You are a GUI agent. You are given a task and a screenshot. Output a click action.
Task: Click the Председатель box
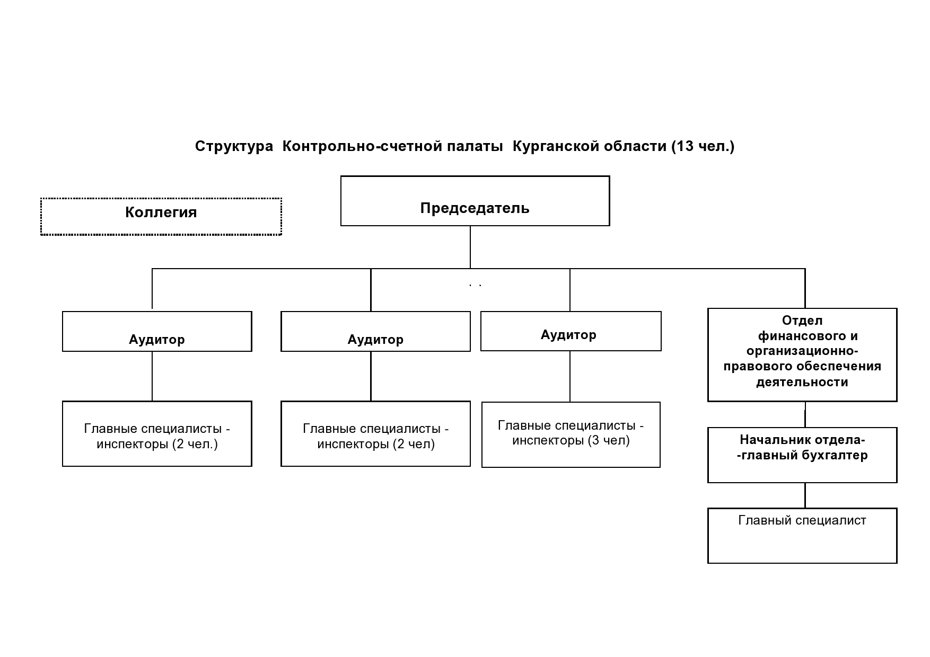click(475, 201)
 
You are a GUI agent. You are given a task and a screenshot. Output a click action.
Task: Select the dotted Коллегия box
click(161, 216)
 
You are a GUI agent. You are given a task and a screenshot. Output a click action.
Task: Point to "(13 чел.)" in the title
click(703, 146)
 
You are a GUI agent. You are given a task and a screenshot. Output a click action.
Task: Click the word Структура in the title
click(234, 146)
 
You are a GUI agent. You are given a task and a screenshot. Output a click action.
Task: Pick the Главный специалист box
click(802, 536)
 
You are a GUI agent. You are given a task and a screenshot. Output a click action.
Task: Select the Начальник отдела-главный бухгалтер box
click(802, 455)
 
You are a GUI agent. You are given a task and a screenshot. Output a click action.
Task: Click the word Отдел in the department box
click(802, 321)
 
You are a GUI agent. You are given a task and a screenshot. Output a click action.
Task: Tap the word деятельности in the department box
click(802, 382)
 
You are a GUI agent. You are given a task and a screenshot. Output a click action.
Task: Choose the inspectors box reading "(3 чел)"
click(571, 434)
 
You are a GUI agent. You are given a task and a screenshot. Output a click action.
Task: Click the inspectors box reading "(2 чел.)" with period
click(157, 434)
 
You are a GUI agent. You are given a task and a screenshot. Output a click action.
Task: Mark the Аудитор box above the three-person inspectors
click(571, 331)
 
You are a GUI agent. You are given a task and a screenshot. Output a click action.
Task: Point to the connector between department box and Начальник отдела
click(805, 415)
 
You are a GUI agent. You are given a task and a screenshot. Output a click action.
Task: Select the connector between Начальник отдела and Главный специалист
click(805, 495)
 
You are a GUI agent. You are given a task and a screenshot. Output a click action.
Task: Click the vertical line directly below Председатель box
click(470, 247)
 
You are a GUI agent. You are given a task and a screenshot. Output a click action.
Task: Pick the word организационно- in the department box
click(802, 351)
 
